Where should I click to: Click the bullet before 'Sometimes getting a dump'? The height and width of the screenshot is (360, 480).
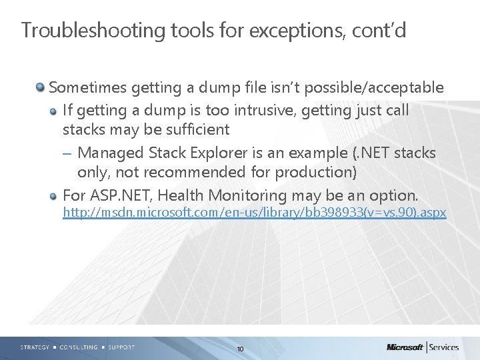pyautogui.click(x=41, y=87)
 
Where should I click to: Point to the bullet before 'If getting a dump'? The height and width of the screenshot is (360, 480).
pyautogui.click(x=54, y=110)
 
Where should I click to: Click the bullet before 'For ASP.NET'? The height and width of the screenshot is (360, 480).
pyautogui.click(x=54, y=195)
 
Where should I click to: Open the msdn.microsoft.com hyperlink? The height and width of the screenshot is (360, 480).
pyautogui.click(x=254, y=213)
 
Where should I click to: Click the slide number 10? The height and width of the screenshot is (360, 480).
pyautogui.click(x=240, y=349)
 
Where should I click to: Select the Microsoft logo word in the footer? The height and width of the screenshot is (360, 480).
pyautogui.click(x=405, y=347)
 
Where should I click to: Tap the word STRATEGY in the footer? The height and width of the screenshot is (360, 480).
pyautogui.click(x=35, y=347)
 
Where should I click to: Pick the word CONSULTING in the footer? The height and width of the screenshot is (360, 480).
pyautogui.click(x=79, y=347)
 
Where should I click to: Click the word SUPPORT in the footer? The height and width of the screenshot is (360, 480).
pyautogui.click(x=121, y=347)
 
